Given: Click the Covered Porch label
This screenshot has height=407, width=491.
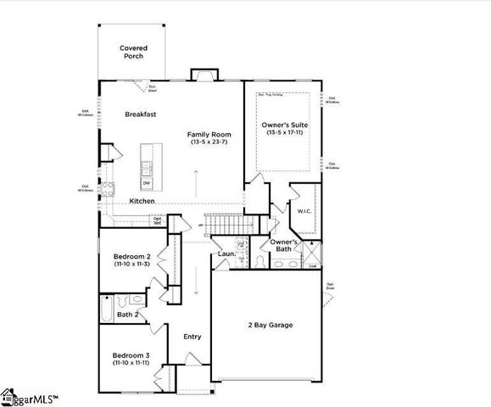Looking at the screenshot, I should pyautogui.click(x=133, y=53).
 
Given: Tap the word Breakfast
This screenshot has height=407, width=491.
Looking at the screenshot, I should pyautogui.click(x=141, y=114).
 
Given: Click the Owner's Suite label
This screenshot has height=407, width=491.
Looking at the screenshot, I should pyautogui.click(x=284, y=125).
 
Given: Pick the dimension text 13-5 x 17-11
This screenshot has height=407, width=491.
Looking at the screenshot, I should pyautogui.click(x=284, y=132).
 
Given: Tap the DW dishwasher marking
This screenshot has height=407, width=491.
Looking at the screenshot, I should pyautogui.click(x=146, y=183).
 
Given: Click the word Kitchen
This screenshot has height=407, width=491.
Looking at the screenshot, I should pyautogui.click(x=142, y=201).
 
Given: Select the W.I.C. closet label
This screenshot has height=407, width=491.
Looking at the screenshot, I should pyautogui.click(x=304, y=209).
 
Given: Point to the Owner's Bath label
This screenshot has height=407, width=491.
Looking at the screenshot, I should pyautogui.click(x=282, y=246).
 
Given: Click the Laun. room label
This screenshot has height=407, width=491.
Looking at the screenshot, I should pyautogui.click(x=226, y=254).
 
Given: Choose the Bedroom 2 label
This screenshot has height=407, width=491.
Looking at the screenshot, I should pyautogui.click(x=131, y=256).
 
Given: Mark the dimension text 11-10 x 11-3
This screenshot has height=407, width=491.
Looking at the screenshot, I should pyautogui.click(x=131, y=264).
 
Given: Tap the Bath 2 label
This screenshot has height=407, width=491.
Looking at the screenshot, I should pyautogui.click(x=128, y=315).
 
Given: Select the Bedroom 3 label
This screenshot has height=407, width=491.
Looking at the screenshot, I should pyautogui.click(x=131, y=354).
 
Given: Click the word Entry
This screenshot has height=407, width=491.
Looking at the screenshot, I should pyautogui.click(x=192, y=337).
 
